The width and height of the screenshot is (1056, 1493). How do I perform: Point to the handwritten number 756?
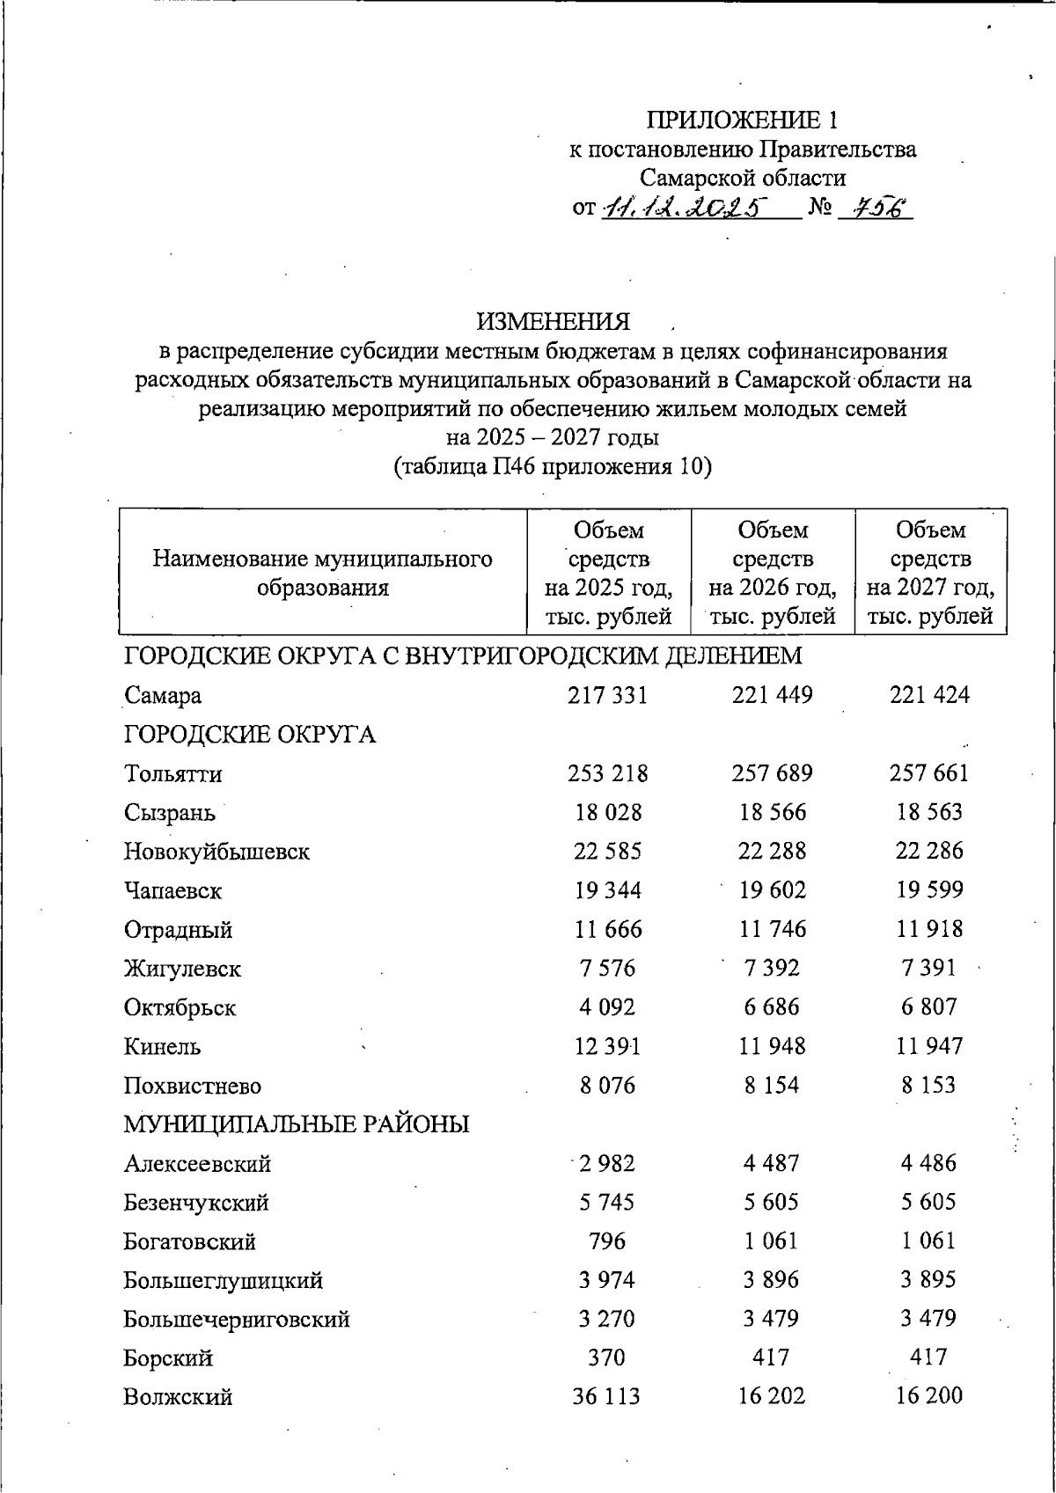[875, 208]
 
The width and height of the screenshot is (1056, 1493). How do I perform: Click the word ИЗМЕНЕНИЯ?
[554, 321]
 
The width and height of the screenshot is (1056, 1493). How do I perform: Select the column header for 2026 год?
[772, 573]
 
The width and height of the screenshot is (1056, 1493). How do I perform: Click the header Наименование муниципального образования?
[322, 573]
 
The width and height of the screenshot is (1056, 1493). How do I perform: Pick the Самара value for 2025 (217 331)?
[608, 695]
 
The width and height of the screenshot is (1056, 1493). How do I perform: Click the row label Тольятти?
[172, 774]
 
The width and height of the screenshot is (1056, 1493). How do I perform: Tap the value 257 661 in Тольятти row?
[928, 773]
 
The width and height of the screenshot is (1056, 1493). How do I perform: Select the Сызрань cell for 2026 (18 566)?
[772, 812]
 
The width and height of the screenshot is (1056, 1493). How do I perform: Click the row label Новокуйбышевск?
[216, 852]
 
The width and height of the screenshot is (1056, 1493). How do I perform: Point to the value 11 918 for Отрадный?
[929, 929]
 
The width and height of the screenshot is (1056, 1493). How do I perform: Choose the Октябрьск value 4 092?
[608, 1007]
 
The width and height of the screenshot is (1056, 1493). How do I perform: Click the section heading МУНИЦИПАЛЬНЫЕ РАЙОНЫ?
[297, 1124]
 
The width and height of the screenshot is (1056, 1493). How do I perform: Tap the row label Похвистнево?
[193, 1086]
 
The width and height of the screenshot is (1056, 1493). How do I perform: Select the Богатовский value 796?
[607, 1241]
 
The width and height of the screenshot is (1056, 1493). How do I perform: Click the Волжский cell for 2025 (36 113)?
[607, 1396]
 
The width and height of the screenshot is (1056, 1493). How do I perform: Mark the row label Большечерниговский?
[237, 1320]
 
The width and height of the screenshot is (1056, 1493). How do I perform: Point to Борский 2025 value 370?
[607, 1358]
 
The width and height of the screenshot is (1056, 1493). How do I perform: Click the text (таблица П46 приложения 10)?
[553, 466]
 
